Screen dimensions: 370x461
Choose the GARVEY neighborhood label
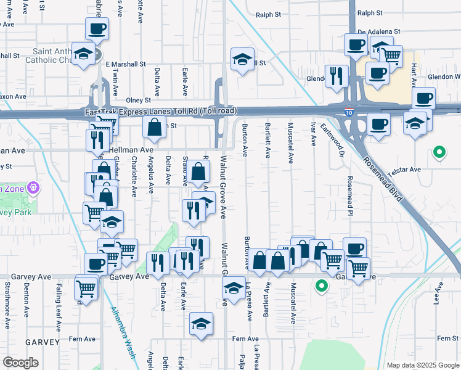[x=43, y=342]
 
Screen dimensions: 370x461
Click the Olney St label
[x=138, y=100]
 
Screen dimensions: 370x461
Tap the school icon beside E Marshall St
[x=243, y=59]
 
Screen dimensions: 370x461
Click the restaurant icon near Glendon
[x=336, y=76]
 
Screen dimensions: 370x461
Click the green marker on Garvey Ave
[x=321, y=286]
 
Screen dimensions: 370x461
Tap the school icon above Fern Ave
[x=201, y=324]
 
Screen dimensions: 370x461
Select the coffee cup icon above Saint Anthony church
[x=97, y=28]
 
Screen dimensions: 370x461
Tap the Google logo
[x=20, y=362]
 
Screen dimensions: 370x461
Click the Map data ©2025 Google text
[x=422, y=365]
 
